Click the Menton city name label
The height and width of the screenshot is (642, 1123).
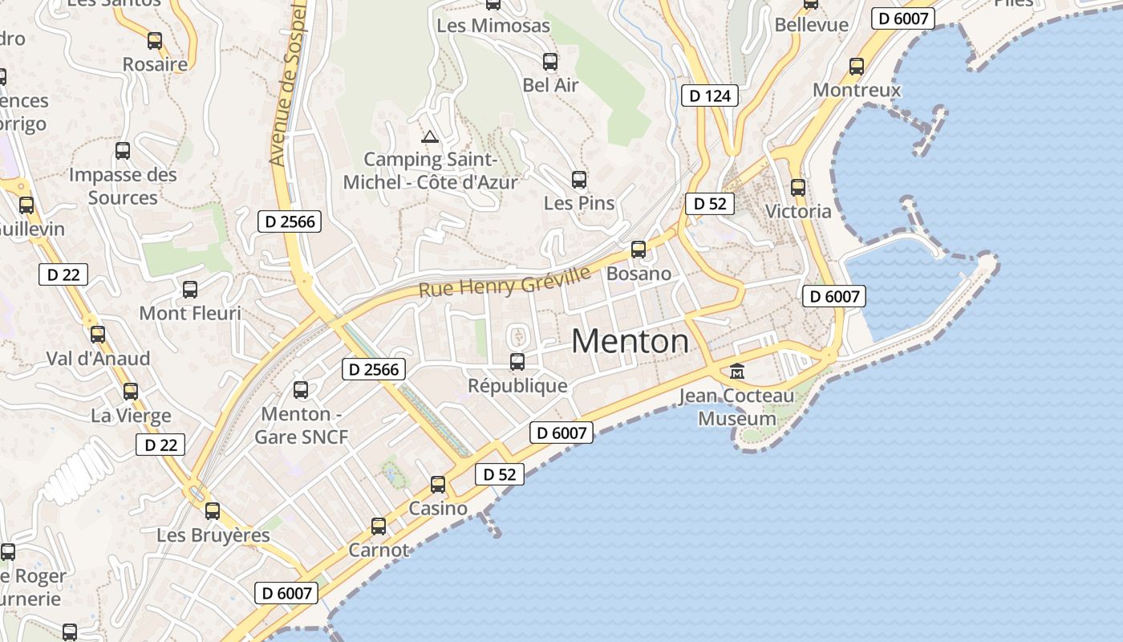pyautogui.click(x=630, y=342)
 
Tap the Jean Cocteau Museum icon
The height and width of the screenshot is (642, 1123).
pyautogui.click(x=736, y=371)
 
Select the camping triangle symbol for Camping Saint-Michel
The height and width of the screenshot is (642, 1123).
pyautogui.click(x=430, y=136)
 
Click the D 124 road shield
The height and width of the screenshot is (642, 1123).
pyautogui.click(x=710, y=96)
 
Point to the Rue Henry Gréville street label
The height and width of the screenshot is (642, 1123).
pyautogui.click(x=505, y=282)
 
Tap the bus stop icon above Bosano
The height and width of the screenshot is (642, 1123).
pyautogui.click(x=639, y=249)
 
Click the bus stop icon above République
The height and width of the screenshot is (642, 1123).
pyautogui.click(x=517, y=361)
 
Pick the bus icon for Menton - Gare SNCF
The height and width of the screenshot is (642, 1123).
pyautogui.click(x=301, y=389)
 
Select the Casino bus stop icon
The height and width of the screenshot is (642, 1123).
pyautogui.click(x=438, y=484)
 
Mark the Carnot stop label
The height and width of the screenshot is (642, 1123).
pyautogui.click(x=379, y=551)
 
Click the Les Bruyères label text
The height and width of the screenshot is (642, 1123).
pyautogui.click(x=213, y=535)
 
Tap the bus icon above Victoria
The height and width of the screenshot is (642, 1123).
pyautogui.click(x=798, y=187)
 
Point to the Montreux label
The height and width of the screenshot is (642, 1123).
pyautogui.click(x=857, y=90)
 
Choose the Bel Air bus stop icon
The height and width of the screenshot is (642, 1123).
pyautogui.click(x=550, y=61)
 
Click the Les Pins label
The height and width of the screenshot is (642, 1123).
pyautogui.click(x=579, y=203)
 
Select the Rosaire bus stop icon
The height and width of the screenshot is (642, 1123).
pyautogui.click(x=155, y=40)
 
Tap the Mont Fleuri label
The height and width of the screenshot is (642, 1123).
pyautogui.click(x=190, y=313)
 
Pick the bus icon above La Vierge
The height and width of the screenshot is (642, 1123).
pyautogui.click(x=131, y=391)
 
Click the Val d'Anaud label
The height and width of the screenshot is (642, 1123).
pyautogui.click(x=98, y=358)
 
